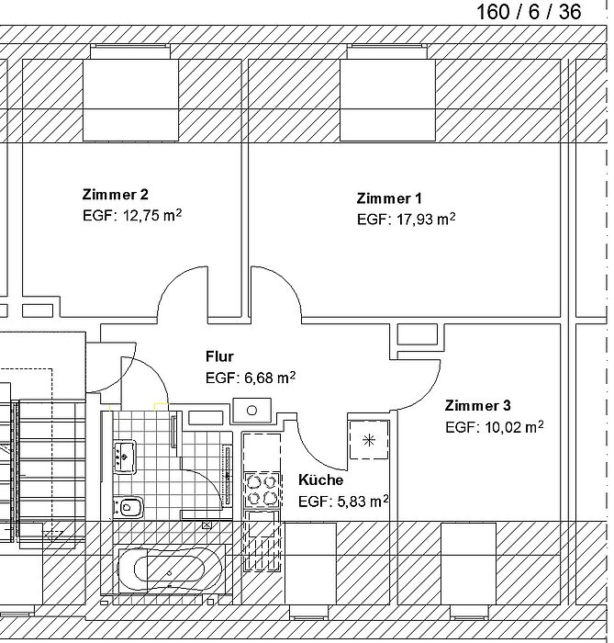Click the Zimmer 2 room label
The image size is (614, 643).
(x=115, y=195)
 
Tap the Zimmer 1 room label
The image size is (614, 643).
(x=389, y=198)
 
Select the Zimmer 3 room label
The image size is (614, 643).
(x=477, y=406)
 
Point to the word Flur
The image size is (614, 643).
(x=219, y=356)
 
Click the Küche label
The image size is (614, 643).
(x=320, y=479)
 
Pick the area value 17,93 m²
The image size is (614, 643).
(x=426, y=219)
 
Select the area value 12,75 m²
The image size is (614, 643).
(x=152, y=215)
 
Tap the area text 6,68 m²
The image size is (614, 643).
(x=270, y=378)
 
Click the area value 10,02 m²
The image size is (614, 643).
(x=515, y=427)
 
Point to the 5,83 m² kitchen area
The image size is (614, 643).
(x=363, y=501)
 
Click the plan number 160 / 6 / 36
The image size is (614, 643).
(x=529, y=11)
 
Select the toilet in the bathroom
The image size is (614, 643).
(x=128, y=507)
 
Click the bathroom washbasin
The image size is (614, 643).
(x=125, y=457)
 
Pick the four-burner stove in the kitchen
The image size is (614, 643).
(x=262, y=491)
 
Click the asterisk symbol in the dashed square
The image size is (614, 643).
(x=369, y=440)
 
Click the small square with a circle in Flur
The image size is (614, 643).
(x=251, y=410)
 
